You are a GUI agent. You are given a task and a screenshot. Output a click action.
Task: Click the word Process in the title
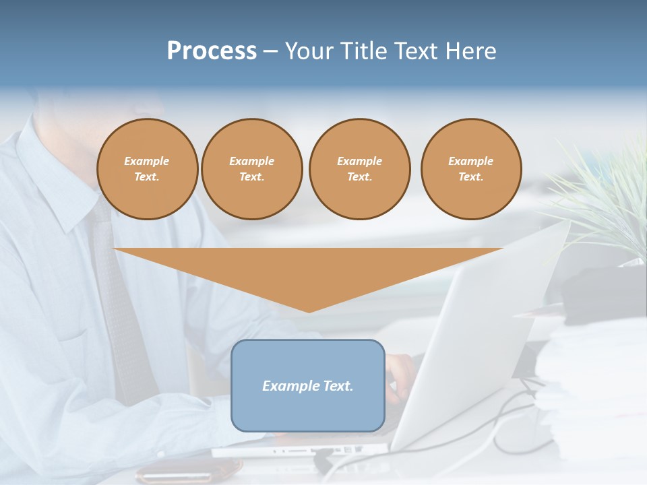[212, 51]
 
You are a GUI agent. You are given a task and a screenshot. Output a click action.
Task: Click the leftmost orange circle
[147, 169]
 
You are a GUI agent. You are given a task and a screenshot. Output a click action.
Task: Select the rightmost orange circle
[470, 169]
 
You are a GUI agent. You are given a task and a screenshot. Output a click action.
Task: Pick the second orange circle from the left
[251, 169]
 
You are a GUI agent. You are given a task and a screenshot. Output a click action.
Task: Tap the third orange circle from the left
[359, 169]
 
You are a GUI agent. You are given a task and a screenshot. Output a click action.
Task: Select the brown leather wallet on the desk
[189, 472]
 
